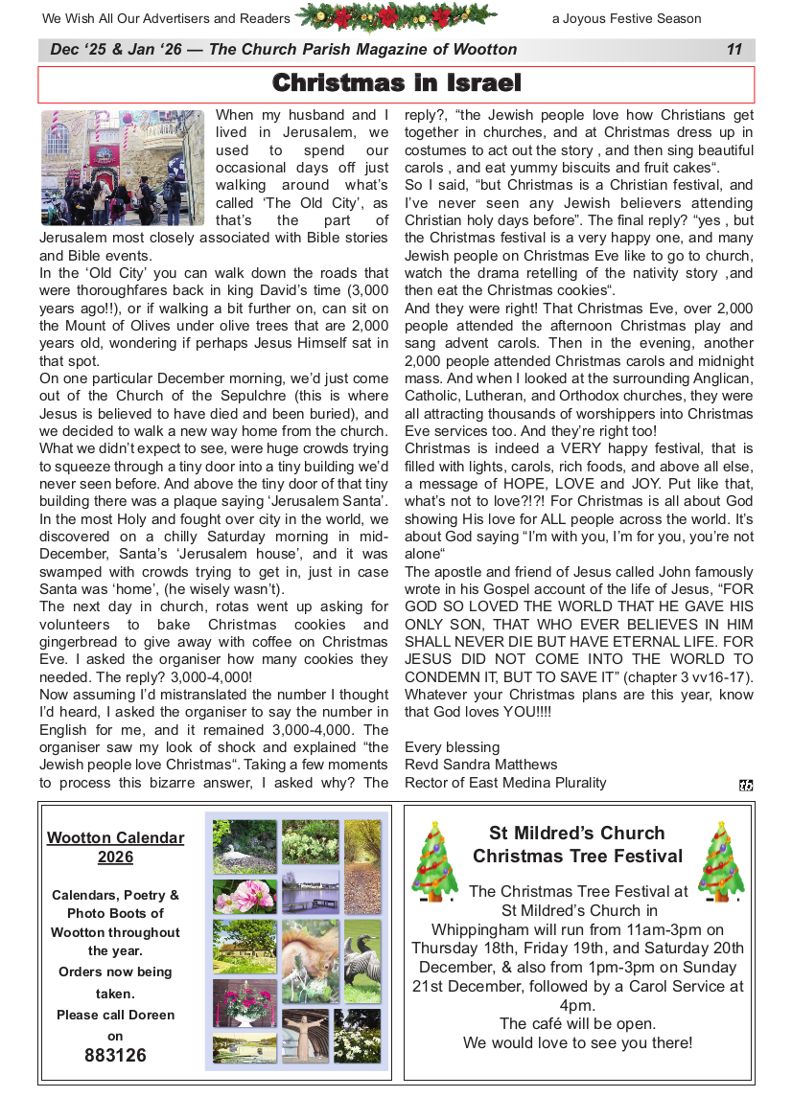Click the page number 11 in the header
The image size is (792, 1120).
(734, 50)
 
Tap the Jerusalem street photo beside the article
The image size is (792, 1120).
(123, 168)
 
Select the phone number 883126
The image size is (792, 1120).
(115, 1056)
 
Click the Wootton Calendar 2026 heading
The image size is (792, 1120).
(115, 847)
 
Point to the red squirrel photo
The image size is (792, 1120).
(311, 961)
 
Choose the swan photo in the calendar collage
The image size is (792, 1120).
(245, 846)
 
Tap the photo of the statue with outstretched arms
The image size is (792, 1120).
(305, 1037)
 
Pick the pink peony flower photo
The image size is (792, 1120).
(245, 897)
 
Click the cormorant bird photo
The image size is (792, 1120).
(362, 961)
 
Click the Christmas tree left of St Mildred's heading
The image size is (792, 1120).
(435, 861)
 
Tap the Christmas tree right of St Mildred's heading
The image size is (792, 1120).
(721, 861)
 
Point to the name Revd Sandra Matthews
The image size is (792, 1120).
(480, 765)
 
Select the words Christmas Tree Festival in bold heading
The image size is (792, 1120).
(577, 857)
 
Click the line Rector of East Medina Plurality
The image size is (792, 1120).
(505, 783)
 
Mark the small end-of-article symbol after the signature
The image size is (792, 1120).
(746, 786)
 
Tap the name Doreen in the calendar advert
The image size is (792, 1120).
(149, 1015)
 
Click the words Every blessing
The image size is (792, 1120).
(452, 747)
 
